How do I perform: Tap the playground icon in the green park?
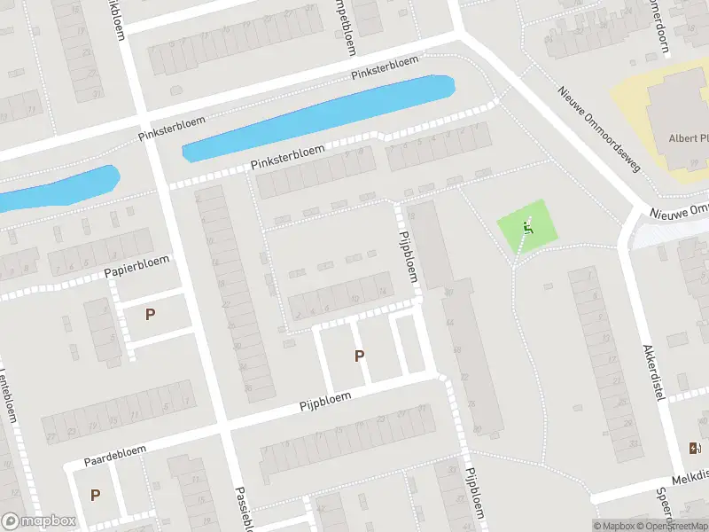(529, 229)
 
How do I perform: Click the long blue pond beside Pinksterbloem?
(319, 118)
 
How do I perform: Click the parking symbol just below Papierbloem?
(150, 314)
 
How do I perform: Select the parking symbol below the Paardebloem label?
(95, 495)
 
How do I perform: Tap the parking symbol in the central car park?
(359, 356)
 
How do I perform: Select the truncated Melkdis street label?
(689, 477)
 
